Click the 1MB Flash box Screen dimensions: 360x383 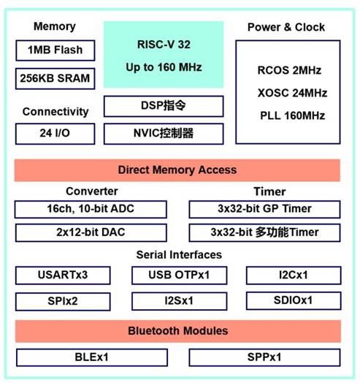click(x=55, y=50)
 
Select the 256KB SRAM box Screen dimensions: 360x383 click(x=55, y=79)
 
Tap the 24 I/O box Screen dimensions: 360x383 click(x=55, y=134)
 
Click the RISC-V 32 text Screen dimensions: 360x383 click(x=164, y=45)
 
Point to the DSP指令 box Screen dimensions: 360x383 click(x=164, y=106)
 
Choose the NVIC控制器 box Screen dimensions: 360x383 click(x=164, y=134)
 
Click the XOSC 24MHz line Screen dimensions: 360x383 click(x=292, y=93)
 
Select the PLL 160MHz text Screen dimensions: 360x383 click(x=292, y=115)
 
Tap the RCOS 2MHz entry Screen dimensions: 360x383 click(x=289, y=70)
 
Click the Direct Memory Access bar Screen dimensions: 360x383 click(x=177, y=170)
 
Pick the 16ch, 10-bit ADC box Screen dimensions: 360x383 click(x=91, y=209)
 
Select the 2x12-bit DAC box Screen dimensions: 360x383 click(x=91, y=232)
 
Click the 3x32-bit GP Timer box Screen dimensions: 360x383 click(x=264, y=209)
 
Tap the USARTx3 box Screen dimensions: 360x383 click(x=63, y=276)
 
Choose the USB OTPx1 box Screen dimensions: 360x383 click(x=180, y=276)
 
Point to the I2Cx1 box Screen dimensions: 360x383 click(x=294, y=276)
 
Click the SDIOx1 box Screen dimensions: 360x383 click(x=294, y=301)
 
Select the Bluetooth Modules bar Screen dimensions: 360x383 click(x=178, y=331)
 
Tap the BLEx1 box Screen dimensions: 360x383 click(x=92, y=357)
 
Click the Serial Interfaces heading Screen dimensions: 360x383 click(x=179, y=255)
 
